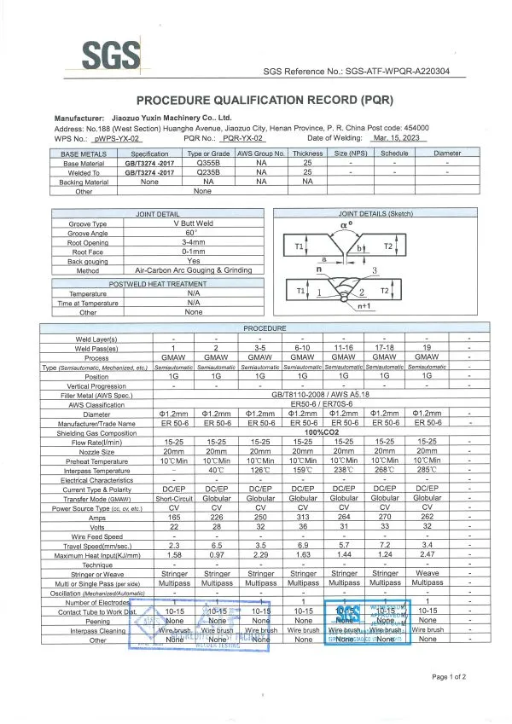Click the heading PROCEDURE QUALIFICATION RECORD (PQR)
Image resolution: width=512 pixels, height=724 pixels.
click(x=255, y=99)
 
